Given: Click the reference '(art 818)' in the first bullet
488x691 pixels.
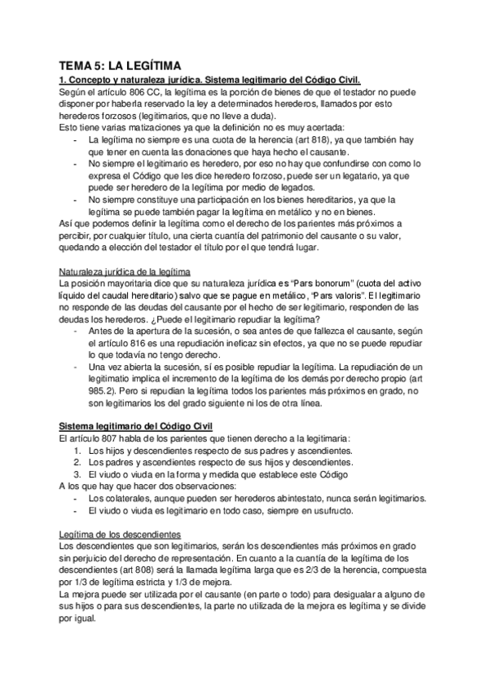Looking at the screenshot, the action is point(326,139).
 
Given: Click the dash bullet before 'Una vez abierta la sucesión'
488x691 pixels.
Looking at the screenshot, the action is point(76,358).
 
